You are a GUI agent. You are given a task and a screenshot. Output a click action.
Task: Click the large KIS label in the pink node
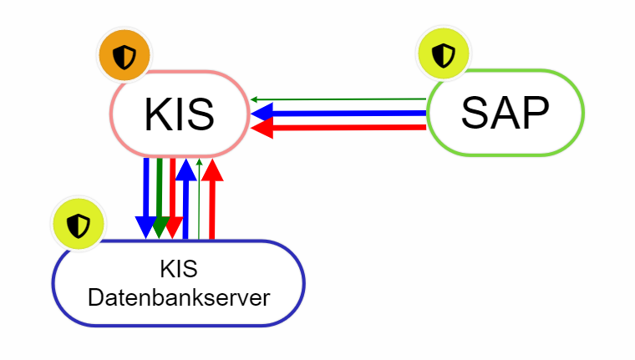click(179, 114)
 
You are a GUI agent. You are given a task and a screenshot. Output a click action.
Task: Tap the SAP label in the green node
click(505, 112)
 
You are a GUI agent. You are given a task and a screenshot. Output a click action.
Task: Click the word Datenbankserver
click(179, 297)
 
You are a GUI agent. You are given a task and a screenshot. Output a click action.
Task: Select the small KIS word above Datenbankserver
click(179, 270)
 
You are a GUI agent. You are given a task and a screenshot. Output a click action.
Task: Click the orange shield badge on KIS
click(124, 57)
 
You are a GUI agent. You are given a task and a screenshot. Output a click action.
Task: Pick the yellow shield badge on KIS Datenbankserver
click(79, 225)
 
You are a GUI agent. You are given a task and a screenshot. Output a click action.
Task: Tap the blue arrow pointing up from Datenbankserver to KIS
click(185, 200)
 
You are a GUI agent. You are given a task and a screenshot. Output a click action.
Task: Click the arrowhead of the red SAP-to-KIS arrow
click(262, 127)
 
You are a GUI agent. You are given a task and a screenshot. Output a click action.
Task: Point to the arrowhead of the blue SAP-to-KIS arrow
click(262, 113)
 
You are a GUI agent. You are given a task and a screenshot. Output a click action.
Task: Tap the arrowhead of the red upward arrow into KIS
click(212, 169)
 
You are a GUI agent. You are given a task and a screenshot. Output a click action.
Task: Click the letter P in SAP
click(534, 112)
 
